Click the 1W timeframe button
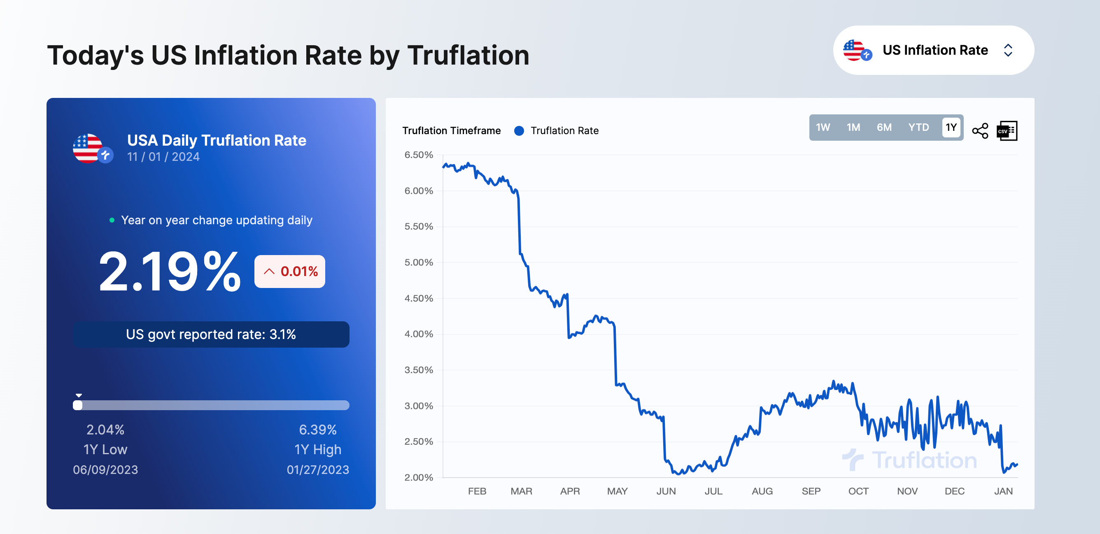click(x=823, y=127)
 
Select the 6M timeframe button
click(x=884, y=127)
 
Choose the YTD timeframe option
click(x=918, y=127)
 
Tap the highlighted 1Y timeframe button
click(x=951, y=127)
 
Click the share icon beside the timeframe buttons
click(x=980, y=130)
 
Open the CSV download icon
click(x=1007, y=130)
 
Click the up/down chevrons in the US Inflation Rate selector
click(x=1008, y=50)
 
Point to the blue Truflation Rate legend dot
click(x=519, y=130)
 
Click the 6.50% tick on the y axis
click(x=419, y=155)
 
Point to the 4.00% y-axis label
click(x=419, y=334)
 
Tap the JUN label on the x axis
click(x=666, y=491)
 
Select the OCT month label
click(x=858, y=491)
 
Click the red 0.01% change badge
click(x=290, y=272)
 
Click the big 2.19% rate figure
click(x=170, y=272)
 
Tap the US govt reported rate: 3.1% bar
click(x=211, y=334)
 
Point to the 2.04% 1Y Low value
click(x=105, y=430)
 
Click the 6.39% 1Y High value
click(x=318, y=430)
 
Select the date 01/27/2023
click(x=318, y=469)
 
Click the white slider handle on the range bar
click(x=78, y=405)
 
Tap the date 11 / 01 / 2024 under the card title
click(x=163, y=157)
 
